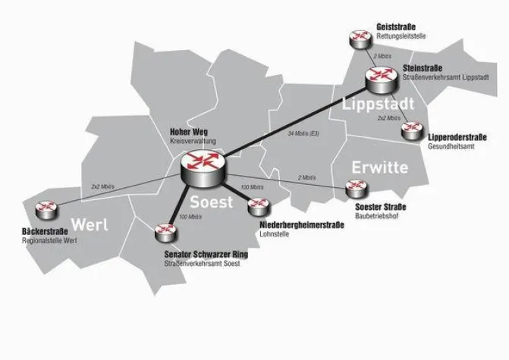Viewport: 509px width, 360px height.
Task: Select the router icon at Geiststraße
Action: pyautogui.click(x=356, y=39)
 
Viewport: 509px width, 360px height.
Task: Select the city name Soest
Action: pyautogui.click(x=212, y=202)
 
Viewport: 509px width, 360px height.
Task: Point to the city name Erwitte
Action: pyautogui.click(x=379, y=167)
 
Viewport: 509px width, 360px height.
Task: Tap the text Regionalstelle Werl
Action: pyautogui.click(x=51, y=240)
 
